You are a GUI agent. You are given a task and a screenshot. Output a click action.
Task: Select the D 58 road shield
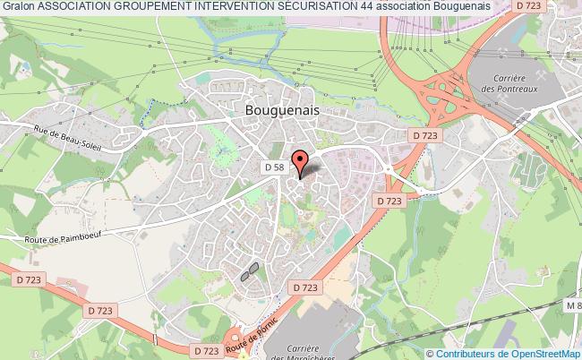click(x=274, y=167)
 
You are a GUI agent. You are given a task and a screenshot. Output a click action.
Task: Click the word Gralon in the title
click(x=17, y=6)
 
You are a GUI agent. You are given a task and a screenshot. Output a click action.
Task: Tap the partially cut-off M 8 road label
click(x=573, y=306)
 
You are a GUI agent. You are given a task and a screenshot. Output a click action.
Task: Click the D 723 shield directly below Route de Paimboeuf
click(x=99, y=310)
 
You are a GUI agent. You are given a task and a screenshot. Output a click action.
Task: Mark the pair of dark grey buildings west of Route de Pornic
click(x=250, y=271)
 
